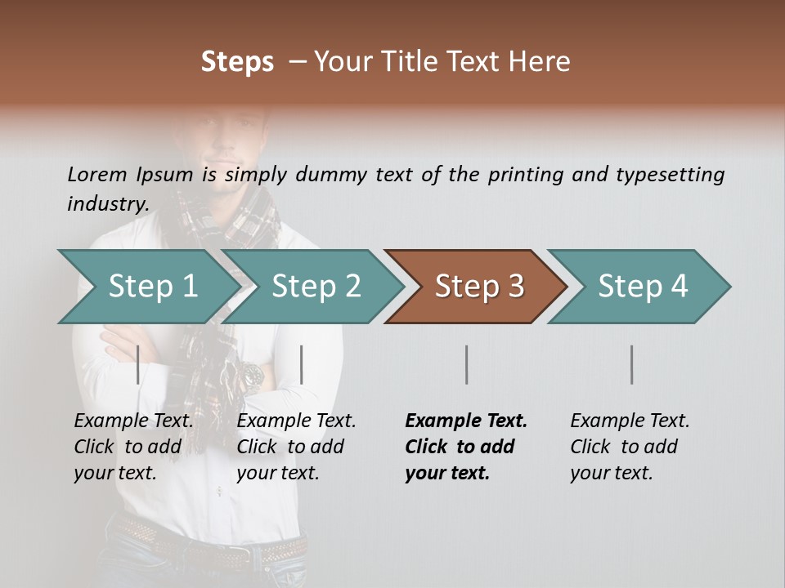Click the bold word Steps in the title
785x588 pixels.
coord(237,62)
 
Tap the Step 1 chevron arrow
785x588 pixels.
coord(147,287)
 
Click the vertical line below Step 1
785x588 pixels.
coord(138,364)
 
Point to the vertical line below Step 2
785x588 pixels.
coord(302,364)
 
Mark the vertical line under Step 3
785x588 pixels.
coord(467,364)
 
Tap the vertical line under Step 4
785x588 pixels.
coord(632,364)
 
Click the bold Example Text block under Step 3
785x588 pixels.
coord(466,447)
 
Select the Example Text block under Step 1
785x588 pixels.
coord(133,447)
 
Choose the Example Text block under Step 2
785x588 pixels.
coord(296,447)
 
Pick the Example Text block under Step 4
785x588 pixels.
coord(630,447)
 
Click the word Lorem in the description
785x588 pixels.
coord(97,175)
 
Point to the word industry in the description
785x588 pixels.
coord(107,203)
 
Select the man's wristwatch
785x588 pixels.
coord(250,376)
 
